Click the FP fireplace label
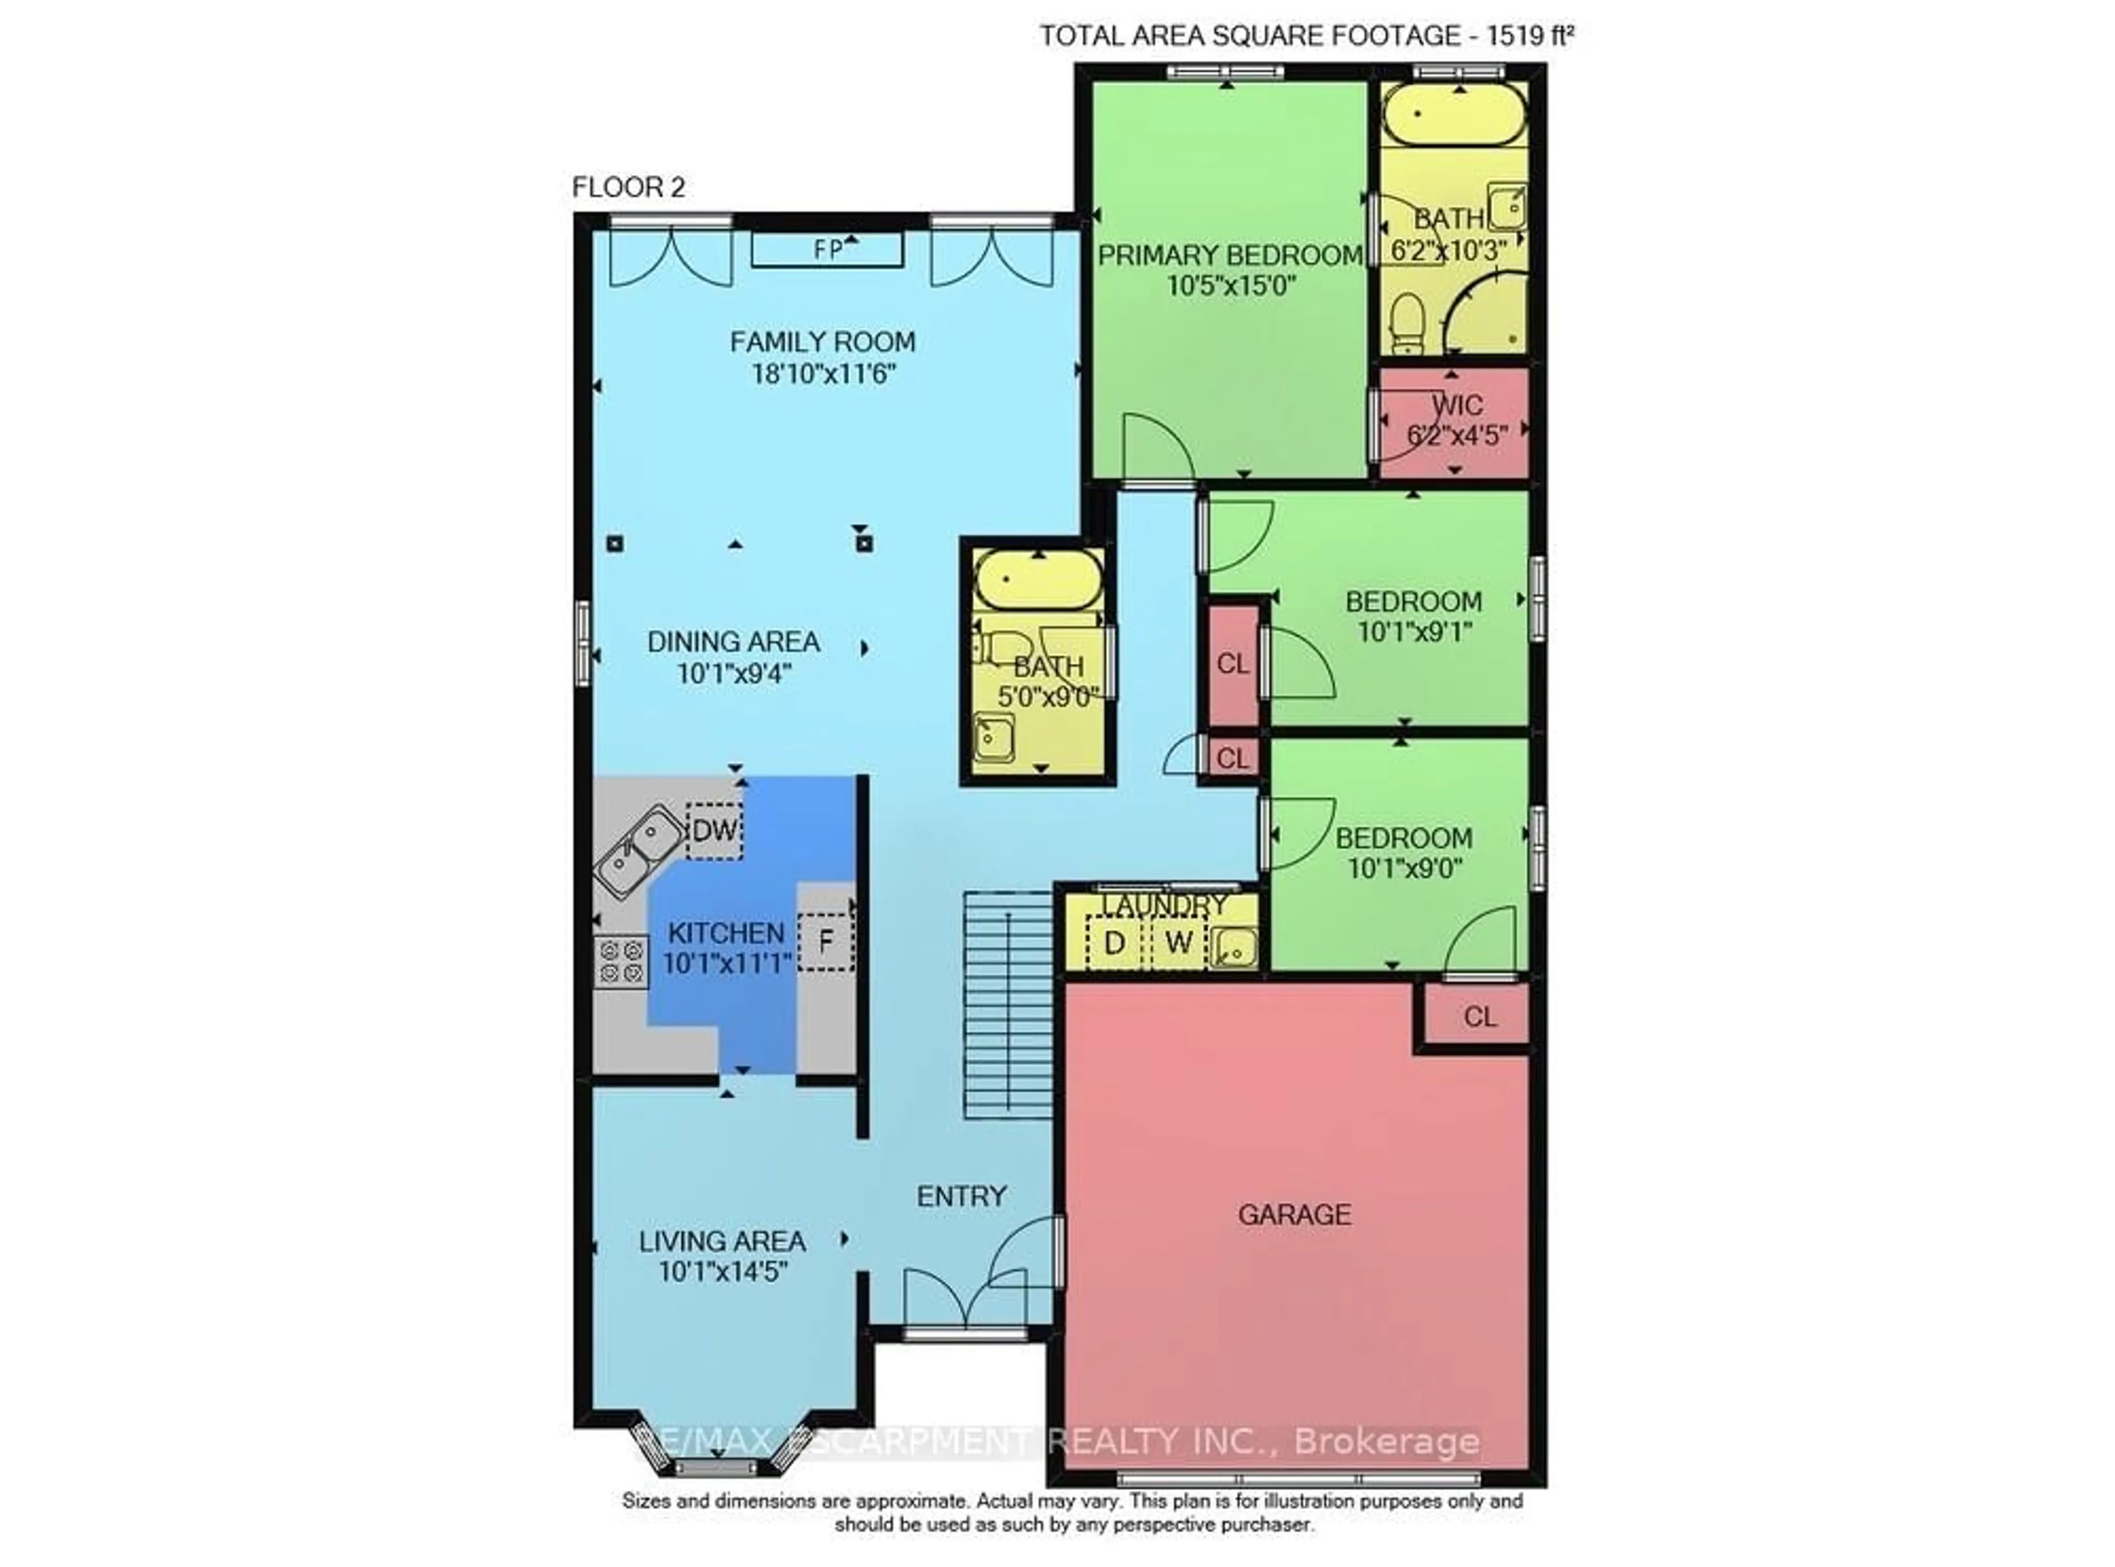(828, 250)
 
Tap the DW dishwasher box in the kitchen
(714, 831)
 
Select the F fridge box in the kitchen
(825, 942)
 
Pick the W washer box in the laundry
(1178, 943)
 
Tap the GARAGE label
(1294, 1214)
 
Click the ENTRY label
(961, 1196)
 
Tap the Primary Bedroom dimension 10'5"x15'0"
(1231, 285)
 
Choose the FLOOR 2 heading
(628, 188)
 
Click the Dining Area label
(733, 642)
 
